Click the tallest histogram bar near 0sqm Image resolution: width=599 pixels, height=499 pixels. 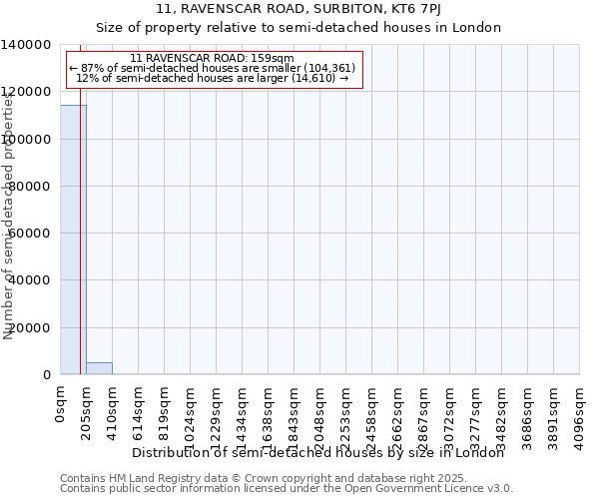73,240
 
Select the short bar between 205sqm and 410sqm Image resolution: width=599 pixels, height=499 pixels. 99,368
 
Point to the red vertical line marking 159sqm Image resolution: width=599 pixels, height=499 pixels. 80,249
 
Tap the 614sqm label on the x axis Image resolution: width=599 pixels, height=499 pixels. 139,410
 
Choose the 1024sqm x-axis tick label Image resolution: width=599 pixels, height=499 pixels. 191,413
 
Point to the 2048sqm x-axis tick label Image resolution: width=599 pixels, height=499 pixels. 320,413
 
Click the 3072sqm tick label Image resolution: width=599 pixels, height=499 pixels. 450,413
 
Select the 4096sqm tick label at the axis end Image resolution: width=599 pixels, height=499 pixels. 580,413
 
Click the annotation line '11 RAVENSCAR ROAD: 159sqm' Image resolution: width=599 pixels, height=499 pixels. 212,59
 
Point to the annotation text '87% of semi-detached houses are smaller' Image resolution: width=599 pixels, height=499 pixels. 212,68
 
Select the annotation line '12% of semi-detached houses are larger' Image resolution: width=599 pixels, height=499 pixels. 212,78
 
